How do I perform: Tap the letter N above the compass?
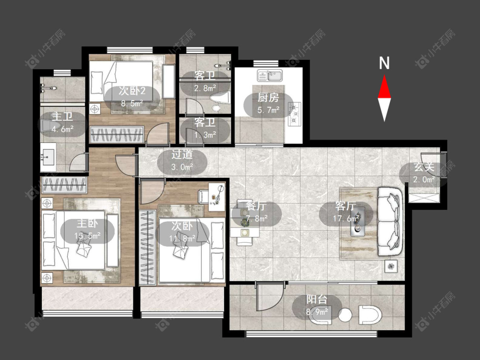coord(384,63)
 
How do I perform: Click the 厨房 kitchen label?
coord(268,98)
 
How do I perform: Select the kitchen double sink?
coord(270,75)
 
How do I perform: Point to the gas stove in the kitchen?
coord(294,114)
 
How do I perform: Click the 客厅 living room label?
coord(346,206)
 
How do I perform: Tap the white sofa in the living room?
coord(390,222)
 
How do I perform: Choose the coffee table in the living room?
coord(357,222)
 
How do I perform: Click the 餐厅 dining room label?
coord(256,206)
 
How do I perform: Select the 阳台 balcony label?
coord(317,299)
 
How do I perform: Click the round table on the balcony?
coord(345,315)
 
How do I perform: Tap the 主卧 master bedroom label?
coord(87,223)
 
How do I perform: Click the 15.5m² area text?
coord(87,236)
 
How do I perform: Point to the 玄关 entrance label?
coord(424,167)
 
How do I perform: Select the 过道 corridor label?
coord(182,154)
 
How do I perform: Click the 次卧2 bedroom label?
coord(132,90)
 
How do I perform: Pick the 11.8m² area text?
coord(183,238)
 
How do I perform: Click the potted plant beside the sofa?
coord(391,266)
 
